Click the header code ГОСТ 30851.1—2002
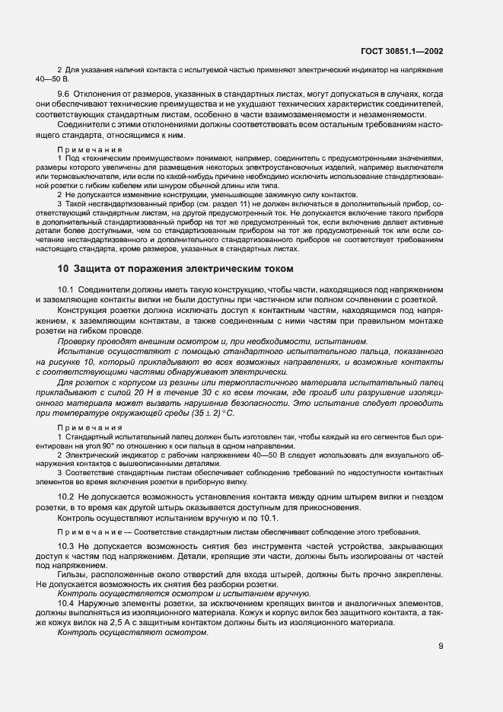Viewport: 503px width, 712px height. [x=403, y=52]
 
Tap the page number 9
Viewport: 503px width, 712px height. [x=441, y=647]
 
